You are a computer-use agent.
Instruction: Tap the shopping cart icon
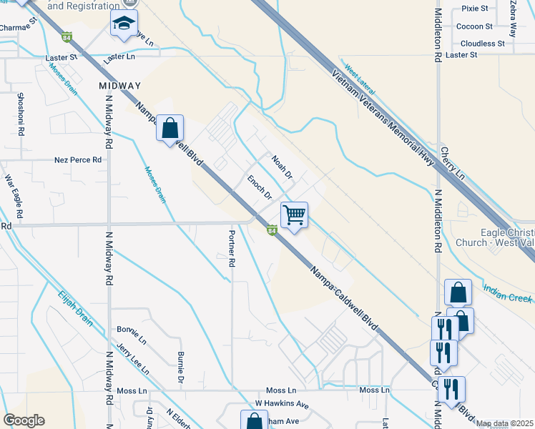[294, 214]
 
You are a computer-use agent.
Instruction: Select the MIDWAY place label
[119, 86]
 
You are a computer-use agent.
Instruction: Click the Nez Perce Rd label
[78, 159]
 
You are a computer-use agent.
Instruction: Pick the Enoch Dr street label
[260, 187]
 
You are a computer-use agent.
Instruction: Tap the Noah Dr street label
[282, 165]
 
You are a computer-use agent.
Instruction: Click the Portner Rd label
[231, 250]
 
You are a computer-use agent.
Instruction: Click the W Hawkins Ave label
[282, 405]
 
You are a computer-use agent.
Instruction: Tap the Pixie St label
[474, 9]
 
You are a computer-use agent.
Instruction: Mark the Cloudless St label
[482, 43]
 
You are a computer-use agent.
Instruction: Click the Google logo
[24, 420]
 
